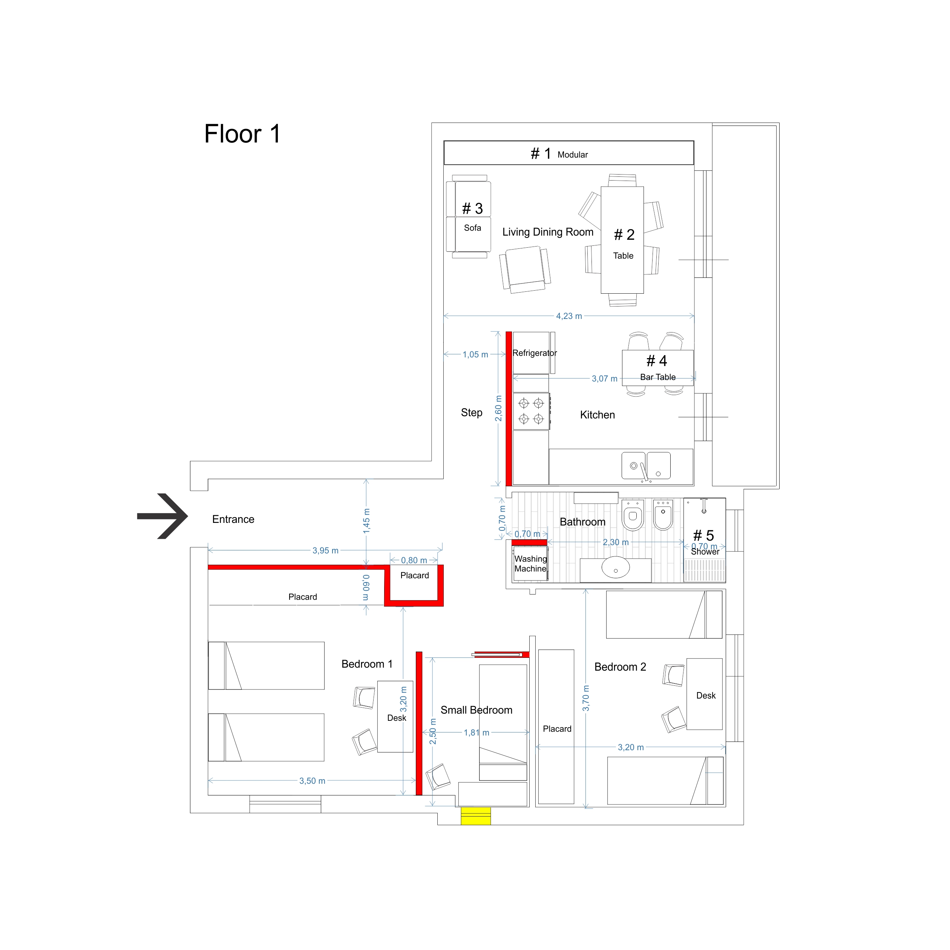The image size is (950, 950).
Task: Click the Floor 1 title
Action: [x=242, y=134]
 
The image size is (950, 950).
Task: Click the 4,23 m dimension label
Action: [x=569, y=316]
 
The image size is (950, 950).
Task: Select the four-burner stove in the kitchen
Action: [x=531, y=411]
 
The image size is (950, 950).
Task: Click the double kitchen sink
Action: [x=646, y=465]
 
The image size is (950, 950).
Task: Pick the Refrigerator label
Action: [x=535, y=353]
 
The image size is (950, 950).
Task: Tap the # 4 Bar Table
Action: [x=657, y=368]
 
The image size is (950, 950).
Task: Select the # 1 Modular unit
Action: [x=568, y=153]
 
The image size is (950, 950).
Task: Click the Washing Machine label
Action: [x=530, y=564]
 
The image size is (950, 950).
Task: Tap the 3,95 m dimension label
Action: [x=325, y=551]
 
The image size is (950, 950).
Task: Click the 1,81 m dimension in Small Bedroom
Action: [x=476, y=732]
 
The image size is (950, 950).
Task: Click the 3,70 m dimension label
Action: [x=585, y=698]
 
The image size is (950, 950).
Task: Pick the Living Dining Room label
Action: [x=548, y=232]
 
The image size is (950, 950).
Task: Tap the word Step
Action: [x=471, y=412]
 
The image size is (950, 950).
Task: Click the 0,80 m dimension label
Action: [x=414, y=561]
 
